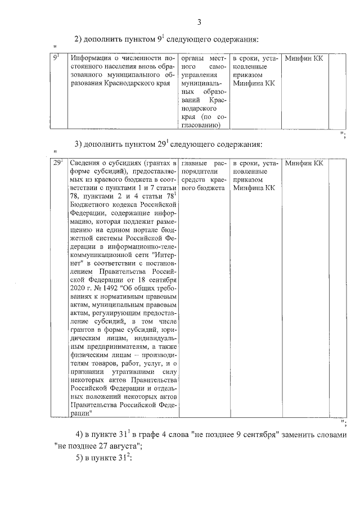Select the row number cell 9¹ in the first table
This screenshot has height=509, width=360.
click(x=56, y=58)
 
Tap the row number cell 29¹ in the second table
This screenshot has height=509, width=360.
click(x=57, y=163)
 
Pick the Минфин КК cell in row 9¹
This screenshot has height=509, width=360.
click(x=304, y=58)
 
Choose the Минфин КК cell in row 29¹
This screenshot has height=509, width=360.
click(x=304, y=163)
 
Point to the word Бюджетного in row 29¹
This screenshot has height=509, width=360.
click(x=93, y=208)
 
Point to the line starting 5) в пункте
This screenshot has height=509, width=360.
click(x=103, y=459)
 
